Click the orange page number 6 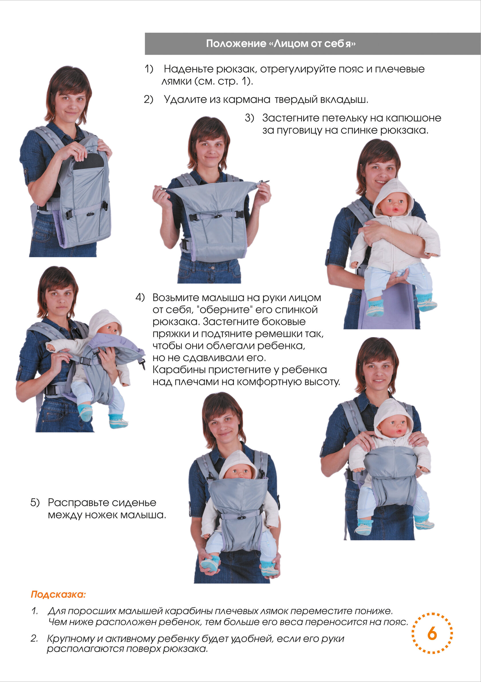(x=432, y=634)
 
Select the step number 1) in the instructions (x=149, y=69)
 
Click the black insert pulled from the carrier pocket (x=89, y=162)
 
